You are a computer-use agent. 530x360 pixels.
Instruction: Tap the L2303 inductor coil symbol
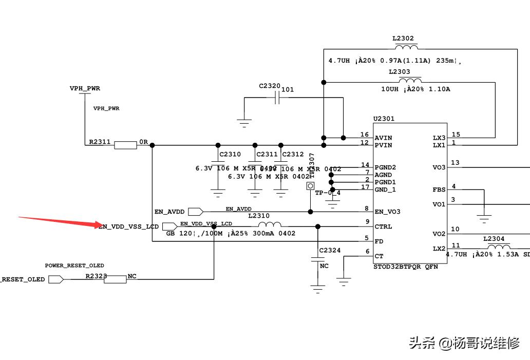[411, 81]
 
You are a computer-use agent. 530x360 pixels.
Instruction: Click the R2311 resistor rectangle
[125, 145]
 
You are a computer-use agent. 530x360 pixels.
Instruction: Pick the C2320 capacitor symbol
[277, 98]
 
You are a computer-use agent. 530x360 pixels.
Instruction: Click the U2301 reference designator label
[384, 119]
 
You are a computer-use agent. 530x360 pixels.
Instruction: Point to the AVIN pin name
[383, 138]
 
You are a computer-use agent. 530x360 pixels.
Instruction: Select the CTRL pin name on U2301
[383, 226]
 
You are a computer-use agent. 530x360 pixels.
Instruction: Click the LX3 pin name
[439, 138]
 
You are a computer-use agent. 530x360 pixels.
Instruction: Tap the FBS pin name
[439, 190]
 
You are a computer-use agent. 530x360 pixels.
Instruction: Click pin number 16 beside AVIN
[365, 135]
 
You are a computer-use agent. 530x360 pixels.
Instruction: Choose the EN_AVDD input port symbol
[196, 212]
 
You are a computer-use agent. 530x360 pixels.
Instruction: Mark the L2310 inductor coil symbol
[269, 225]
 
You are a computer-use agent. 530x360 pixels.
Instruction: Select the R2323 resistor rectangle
[115, 279]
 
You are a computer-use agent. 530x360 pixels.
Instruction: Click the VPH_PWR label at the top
[85, 88]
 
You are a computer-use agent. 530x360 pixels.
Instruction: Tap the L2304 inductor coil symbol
[495, 247]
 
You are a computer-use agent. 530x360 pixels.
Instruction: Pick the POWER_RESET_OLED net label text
[74, 266]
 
